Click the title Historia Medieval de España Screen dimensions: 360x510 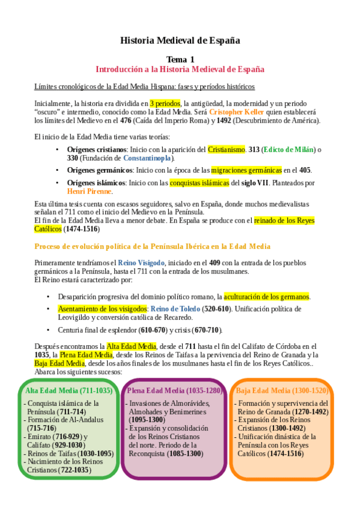180,41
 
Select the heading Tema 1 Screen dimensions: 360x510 180,59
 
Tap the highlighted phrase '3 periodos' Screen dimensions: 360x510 165,103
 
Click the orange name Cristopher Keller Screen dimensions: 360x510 237,112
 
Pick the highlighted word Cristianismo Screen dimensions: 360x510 227,149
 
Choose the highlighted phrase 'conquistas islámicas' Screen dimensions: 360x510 199,183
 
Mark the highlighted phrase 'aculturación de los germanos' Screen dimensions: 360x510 266,296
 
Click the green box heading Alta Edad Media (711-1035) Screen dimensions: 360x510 69,390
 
